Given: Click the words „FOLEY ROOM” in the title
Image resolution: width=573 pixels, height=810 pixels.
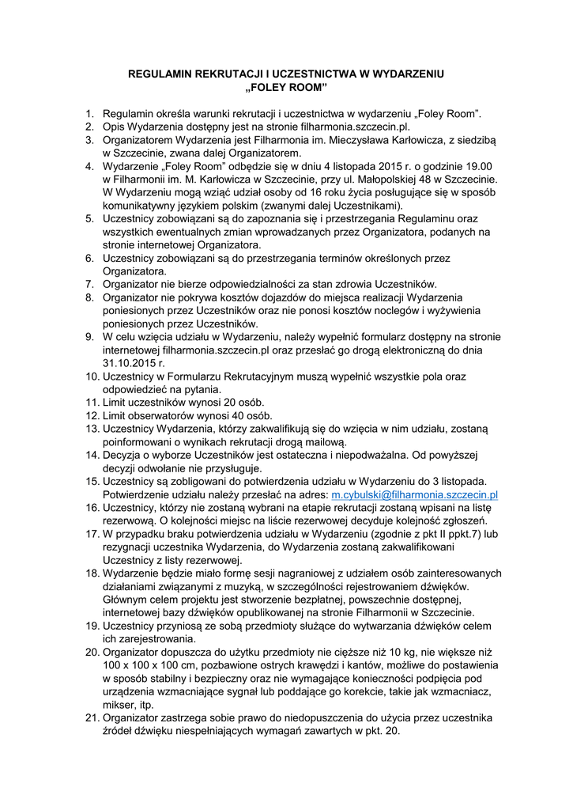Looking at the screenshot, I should pos(286,86).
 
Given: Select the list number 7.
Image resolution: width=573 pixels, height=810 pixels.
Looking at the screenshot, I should pos(89,284).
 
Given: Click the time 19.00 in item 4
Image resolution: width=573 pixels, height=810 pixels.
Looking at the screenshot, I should pos(477,166).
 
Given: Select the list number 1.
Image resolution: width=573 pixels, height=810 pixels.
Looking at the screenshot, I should pos(90,114).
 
